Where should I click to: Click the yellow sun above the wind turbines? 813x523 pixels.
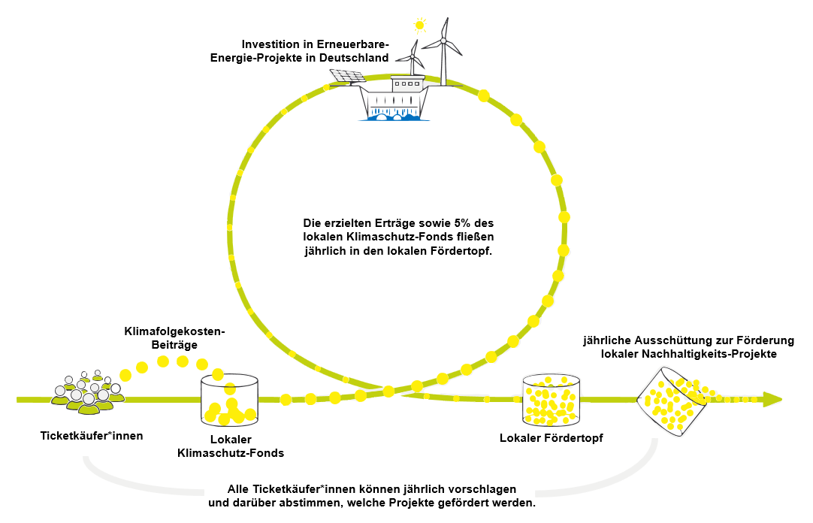[x=419, y=25]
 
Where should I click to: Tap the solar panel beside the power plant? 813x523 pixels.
[x=347, y=76]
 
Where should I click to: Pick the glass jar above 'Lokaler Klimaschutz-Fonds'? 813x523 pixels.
[x=229, y=399]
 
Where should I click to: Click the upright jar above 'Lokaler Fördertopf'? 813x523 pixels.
[x=551, y=399]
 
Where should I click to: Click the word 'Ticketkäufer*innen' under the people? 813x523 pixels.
[x=91, y=435]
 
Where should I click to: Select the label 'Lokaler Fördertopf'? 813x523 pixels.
[x=551, y=438]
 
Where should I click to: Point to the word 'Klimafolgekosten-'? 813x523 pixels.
[x=174, y=331]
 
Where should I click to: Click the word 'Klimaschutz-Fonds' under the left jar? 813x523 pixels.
[x=230, y=452]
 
